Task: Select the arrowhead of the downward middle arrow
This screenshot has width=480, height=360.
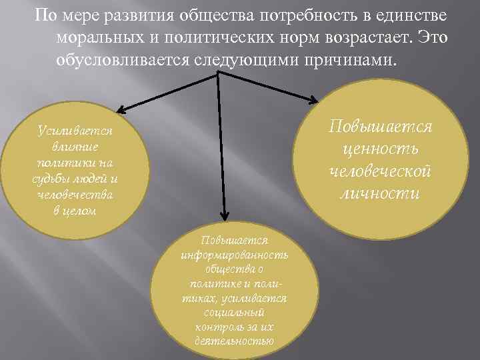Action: point(225,214)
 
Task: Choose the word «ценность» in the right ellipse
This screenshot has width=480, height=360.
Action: point(378,149)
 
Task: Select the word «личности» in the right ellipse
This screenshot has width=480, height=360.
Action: point(379,194)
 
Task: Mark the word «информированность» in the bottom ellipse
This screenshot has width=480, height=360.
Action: point(234,255)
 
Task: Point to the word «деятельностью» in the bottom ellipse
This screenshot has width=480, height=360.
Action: point(235,342)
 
